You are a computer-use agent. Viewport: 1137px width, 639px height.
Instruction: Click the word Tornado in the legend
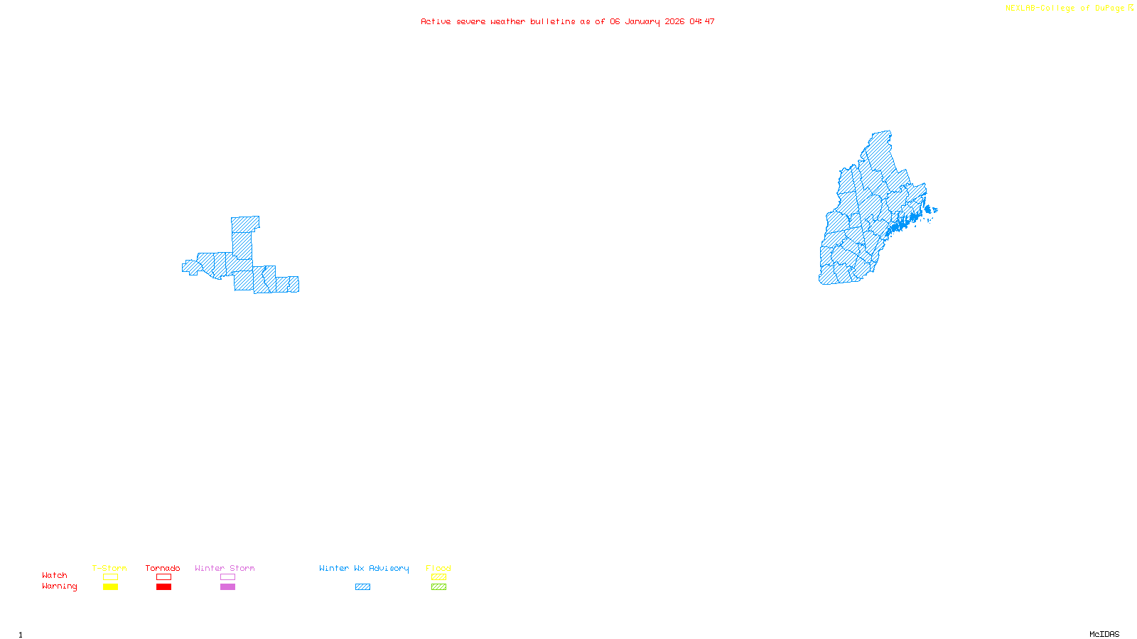point(163,568)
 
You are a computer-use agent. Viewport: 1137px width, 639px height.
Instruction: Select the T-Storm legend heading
point(109,568)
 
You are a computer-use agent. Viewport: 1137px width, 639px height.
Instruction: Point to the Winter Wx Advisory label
point(364,568)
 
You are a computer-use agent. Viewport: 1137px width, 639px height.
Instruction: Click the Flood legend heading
point(438,568)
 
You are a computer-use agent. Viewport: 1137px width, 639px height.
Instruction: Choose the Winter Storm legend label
point(225,568)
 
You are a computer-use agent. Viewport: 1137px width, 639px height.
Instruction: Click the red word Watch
point(55,575)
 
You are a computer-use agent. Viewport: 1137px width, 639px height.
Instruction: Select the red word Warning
point(60,586)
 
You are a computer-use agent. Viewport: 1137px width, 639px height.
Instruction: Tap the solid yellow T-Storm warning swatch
point(110,587)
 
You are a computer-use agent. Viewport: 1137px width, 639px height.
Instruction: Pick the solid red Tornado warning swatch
point(163,587)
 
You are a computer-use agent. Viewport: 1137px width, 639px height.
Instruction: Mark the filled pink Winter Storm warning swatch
point(227,587)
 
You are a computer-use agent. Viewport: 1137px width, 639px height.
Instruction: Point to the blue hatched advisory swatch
point(362,587)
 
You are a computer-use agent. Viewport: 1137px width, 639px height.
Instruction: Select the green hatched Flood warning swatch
point(438,587)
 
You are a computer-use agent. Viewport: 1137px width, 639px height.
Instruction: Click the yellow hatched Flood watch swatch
point(438,577)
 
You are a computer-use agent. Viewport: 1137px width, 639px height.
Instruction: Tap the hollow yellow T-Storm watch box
point(110,577)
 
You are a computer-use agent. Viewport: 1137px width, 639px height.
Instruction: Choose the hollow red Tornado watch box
point(163,577)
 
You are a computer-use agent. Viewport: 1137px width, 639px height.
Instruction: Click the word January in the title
point(642,21)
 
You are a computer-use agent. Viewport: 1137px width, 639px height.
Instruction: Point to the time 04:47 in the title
point(702,21)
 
